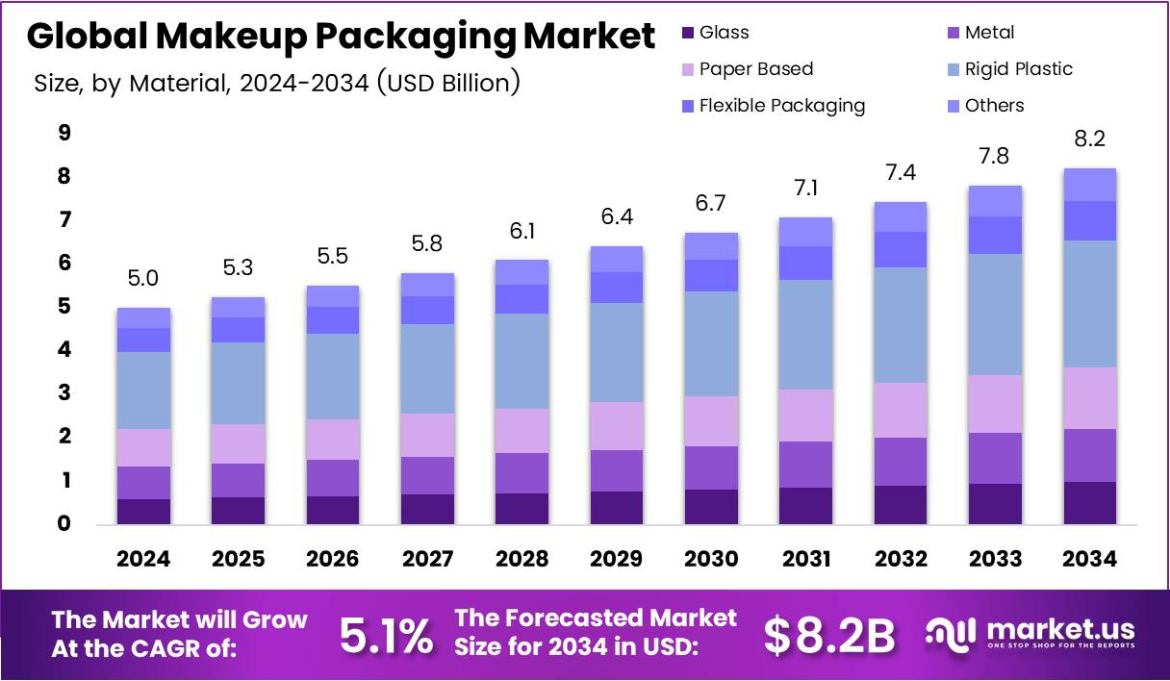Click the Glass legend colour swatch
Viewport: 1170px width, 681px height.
coord(686,33)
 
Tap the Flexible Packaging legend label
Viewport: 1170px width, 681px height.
coord(781,106)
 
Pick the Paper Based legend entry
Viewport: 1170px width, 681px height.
coord(755,69)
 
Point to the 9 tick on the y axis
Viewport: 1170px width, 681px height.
coord(64,133)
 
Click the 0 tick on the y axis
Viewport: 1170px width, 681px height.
coord(64,524)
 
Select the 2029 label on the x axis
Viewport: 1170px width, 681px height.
coord(617,560)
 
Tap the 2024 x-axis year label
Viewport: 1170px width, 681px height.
coord(144,560)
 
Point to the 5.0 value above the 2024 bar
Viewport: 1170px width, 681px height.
coord(144,279)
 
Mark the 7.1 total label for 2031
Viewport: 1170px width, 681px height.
coord(805,189)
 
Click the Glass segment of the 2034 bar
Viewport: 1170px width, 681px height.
coord(1090,503)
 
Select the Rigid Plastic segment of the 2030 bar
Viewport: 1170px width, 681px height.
coord(711,343)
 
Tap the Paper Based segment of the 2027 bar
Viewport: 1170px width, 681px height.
coord(427,435)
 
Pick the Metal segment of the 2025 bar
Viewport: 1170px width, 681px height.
coord(239,480)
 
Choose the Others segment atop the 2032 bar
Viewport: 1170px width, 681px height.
coord(901,216)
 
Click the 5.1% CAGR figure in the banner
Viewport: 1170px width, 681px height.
coord(386,636)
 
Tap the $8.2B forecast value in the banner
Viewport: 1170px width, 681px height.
coord(829,636)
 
